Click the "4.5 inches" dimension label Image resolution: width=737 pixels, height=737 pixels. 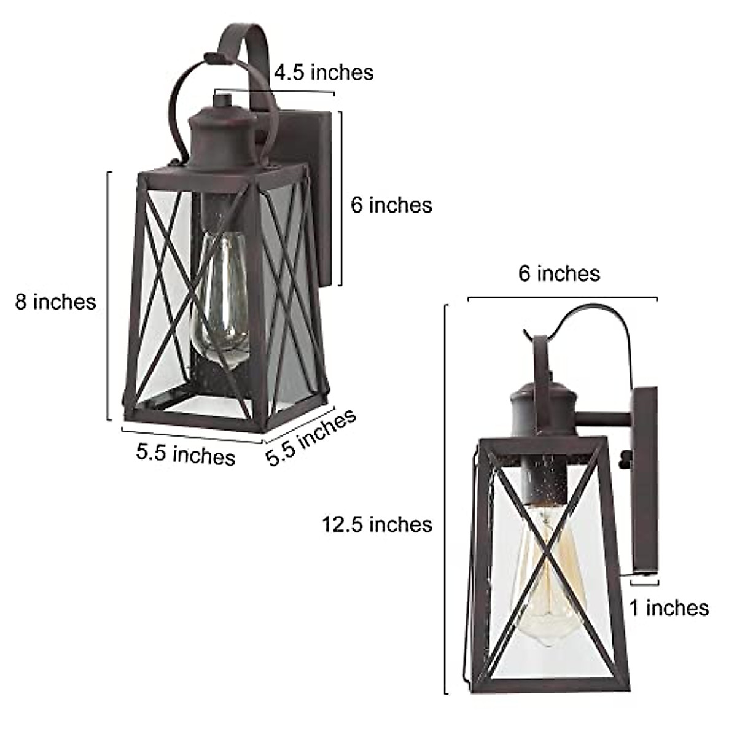point(323,72)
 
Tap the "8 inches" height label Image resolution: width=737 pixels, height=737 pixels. point(56,302)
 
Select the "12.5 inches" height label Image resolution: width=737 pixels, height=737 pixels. point(377,524)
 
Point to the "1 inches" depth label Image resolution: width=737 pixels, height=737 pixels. point(668,608)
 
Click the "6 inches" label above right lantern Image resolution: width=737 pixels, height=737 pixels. point(558,273)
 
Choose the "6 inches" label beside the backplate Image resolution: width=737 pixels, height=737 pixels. point(391,205)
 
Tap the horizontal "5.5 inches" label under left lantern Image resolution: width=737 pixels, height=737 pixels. point(185,455)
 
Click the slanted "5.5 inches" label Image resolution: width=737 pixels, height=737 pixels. point(311,437)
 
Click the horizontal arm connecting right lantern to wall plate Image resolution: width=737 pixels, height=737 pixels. point(605,421)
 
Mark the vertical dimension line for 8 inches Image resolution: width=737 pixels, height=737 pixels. point(109,295)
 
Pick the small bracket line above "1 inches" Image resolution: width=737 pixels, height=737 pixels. point(644,578)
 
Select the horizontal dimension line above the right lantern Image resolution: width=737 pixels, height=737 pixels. point(562,298)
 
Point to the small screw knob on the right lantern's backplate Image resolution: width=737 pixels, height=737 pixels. point(626,457)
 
